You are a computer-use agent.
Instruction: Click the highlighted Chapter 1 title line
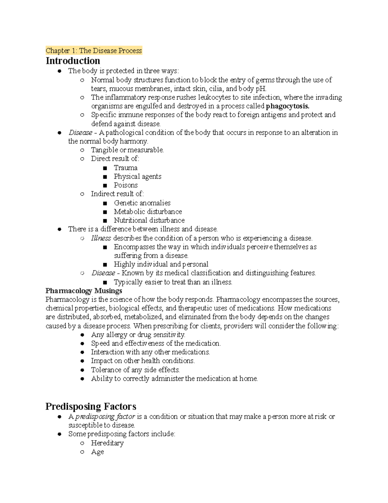94,51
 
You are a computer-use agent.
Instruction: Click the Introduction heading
73,61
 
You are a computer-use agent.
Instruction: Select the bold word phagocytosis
287,106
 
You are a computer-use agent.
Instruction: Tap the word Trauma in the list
125,168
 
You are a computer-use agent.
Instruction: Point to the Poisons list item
125,185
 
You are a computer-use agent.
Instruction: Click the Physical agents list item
137,177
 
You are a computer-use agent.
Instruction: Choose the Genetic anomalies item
142,203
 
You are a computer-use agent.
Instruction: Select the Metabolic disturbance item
148,212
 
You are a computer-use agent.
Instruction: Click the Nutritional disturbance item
149,221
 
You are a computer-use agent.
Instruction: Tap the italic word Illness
101,238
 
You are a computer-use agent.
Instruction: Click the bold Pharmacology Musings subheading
84,291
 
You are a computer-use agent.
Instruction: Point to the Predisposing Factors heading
91,406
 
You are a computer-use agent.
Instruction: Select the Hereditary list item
107,443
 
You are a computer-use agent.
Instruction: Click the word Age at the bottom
97,452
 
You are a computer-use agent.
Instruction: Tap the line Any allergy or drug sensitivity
138,335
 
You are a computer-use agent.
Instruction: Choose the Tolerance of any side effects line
135,370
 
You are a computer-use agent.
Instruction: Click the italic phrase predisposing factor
105,417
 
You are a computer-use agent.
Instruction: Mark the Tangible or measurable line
127,150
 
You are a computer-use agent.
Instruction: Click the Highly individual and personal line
161,264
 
